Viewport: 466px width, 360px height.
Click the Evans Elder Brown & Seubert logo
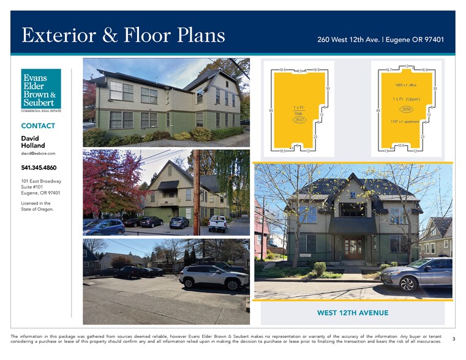41,90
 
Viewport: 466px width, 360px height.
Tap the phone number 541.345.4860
39,168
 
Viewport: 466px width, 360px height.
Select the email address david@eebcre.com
38,153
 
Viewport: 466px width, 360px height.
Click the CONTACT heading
38,126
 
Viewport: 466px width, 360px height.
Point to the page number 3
454,339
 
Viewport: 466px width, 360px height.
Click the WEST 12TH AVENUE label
353,313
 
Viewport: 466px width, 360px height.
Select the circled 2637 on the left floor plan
299,120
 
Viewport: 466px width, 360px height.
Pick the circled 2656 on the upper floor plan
406,109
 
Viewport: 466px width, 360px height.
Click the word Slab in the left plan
299,113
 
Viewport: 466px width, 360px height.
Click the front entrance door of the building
353,248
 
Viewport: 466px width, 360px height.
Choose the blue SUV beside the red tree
104,227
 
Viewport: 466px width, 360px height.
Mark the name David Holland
34,142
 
